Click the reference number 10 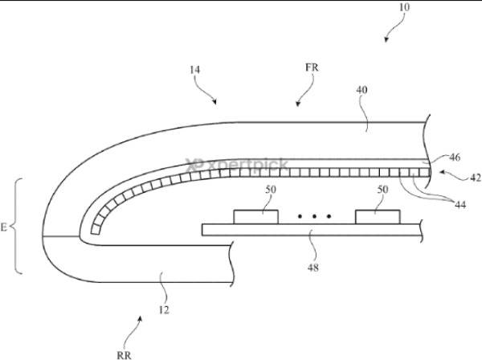[405, 6]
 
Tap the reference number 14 [194, 70]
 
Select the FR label [312, 67]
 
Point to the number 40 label [361, 90]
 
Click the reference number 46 [455, 157]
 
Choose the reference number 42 [476, 178]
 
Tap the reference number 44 [460, 204]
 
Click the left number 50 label [271, 190]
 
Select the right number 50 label [382, 190]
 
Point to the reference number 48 [313, 268]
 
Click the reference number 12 [164, 310]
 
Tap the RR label [124, 355]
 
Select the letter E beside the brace [3, 227]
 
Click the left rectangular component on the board [256, 217]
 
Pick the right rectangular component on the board [378, 217]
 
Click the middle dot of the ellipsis [314, 216]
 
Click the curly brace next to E [17, 226]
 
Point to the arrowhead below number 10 [386, 40]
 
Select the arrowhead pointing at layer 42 [442, 172]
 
